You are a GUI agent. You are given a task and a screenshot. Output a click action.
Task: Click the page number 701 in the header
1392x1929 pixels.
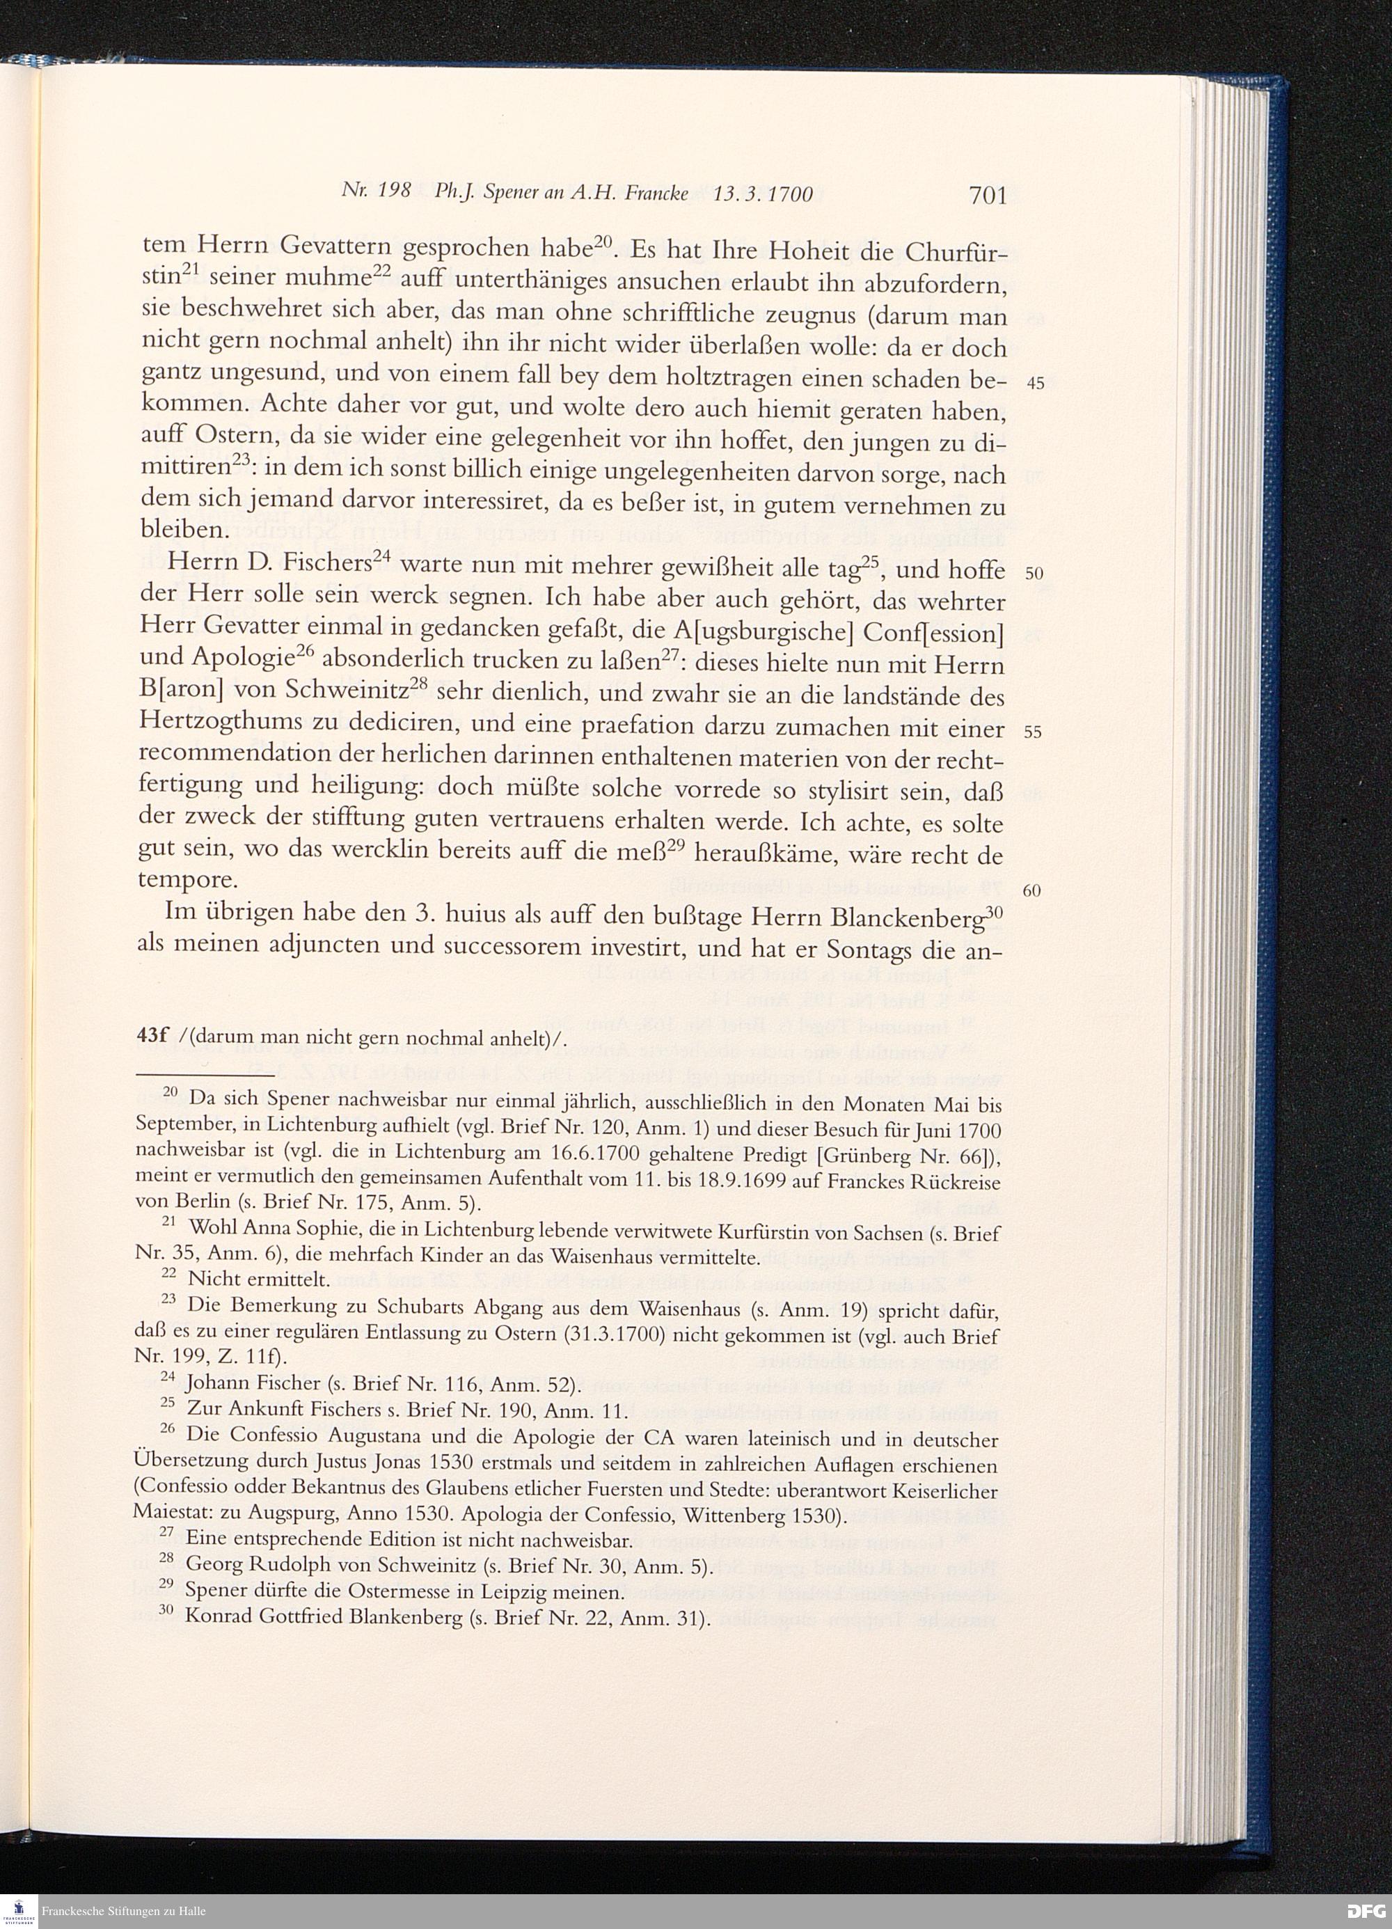987,196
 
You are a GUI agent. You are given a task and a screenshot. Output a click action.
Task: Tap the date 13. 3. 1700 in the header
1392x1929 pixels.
763,194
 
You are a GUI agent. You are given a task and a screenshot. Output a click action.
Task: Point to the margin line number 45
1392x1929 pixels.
1035,384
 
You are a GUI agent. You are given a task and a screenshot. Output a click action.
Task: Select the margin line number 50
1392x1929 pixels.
1034,573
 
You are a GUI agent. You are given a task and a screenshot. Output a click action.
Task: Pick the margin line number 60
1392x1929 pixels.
1031,891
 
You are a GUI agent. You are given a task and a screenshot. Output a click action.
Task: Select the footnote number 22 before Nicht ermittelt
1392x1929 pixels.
168,1277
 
